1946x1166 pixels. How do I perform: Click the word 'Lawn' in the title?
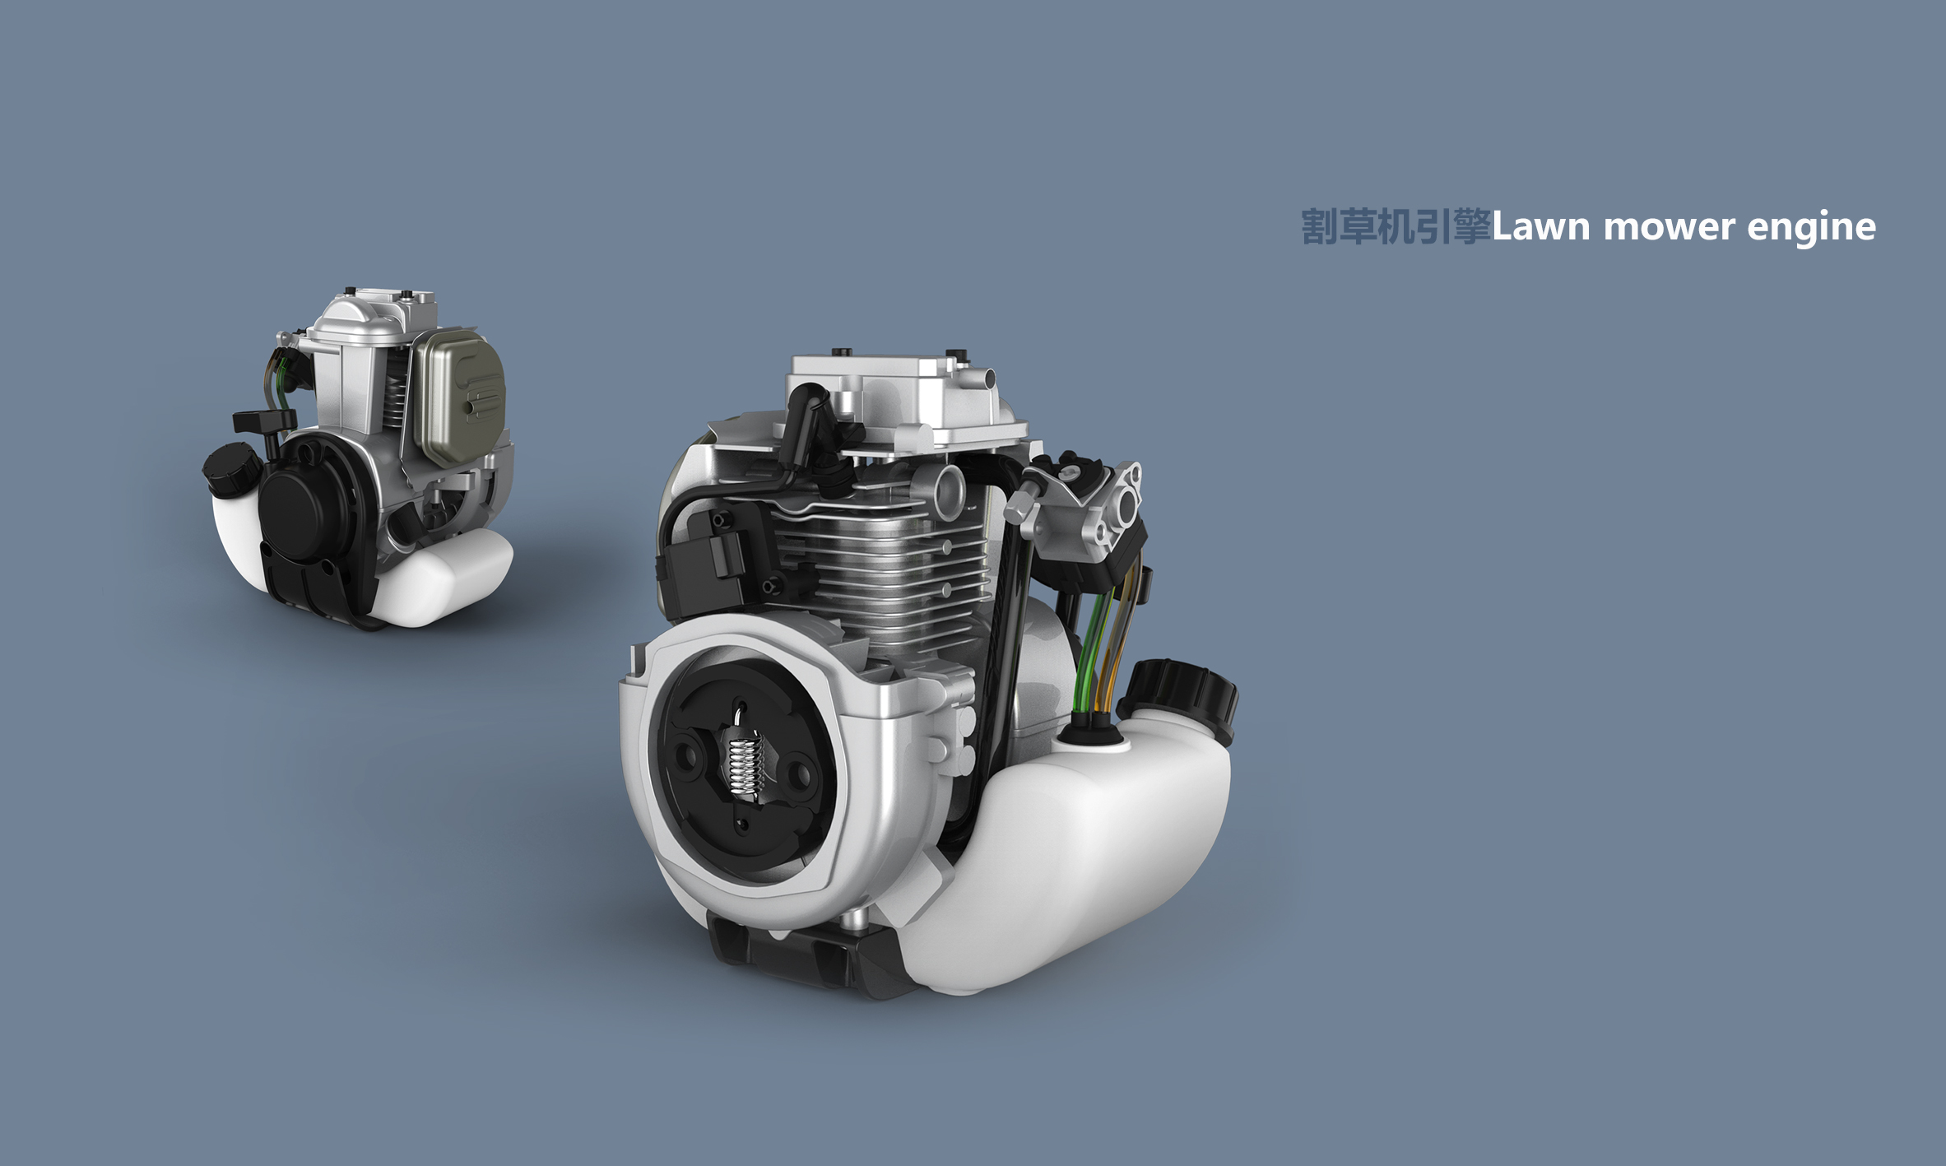[1540, 227]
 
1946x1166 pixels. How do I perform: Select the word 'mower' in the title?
[1668, 227]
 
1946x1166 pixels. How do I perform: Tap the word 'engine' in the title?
[1810, 227]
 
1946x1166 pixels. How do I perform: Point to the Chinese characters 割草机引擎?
[1396, 227]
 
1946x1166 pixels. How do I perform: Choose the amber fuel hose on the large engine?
[1111, 650]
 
